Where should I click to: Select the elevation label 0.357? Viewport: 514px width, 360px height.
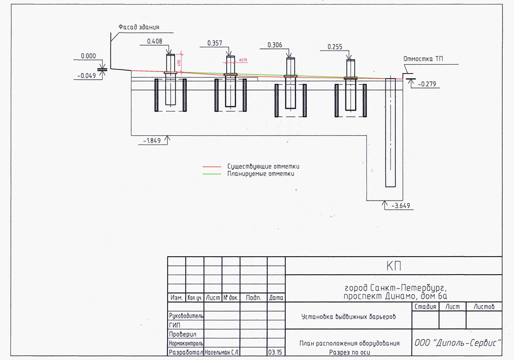(215, 43)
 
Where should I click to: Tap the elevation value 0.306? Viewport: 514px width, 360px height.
(276, 45)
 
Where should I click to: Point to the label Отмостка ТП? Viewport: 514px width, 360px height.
(424, 59)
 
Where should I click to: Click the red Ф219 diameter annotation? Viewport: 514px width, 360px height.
(243, 60)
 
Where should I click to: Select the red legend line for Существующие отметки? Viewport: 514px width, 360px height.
(212, 167)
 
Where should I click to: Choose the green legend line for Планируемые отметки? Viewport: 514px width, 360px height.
(212, 174)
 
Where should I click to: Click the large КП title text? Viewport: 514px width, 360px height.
(393, 265)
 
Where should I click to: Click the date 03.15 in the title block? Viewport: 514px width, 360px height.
(275, 353)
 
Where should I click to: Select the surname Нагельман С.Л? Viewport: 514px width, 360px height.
(222, 353)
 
